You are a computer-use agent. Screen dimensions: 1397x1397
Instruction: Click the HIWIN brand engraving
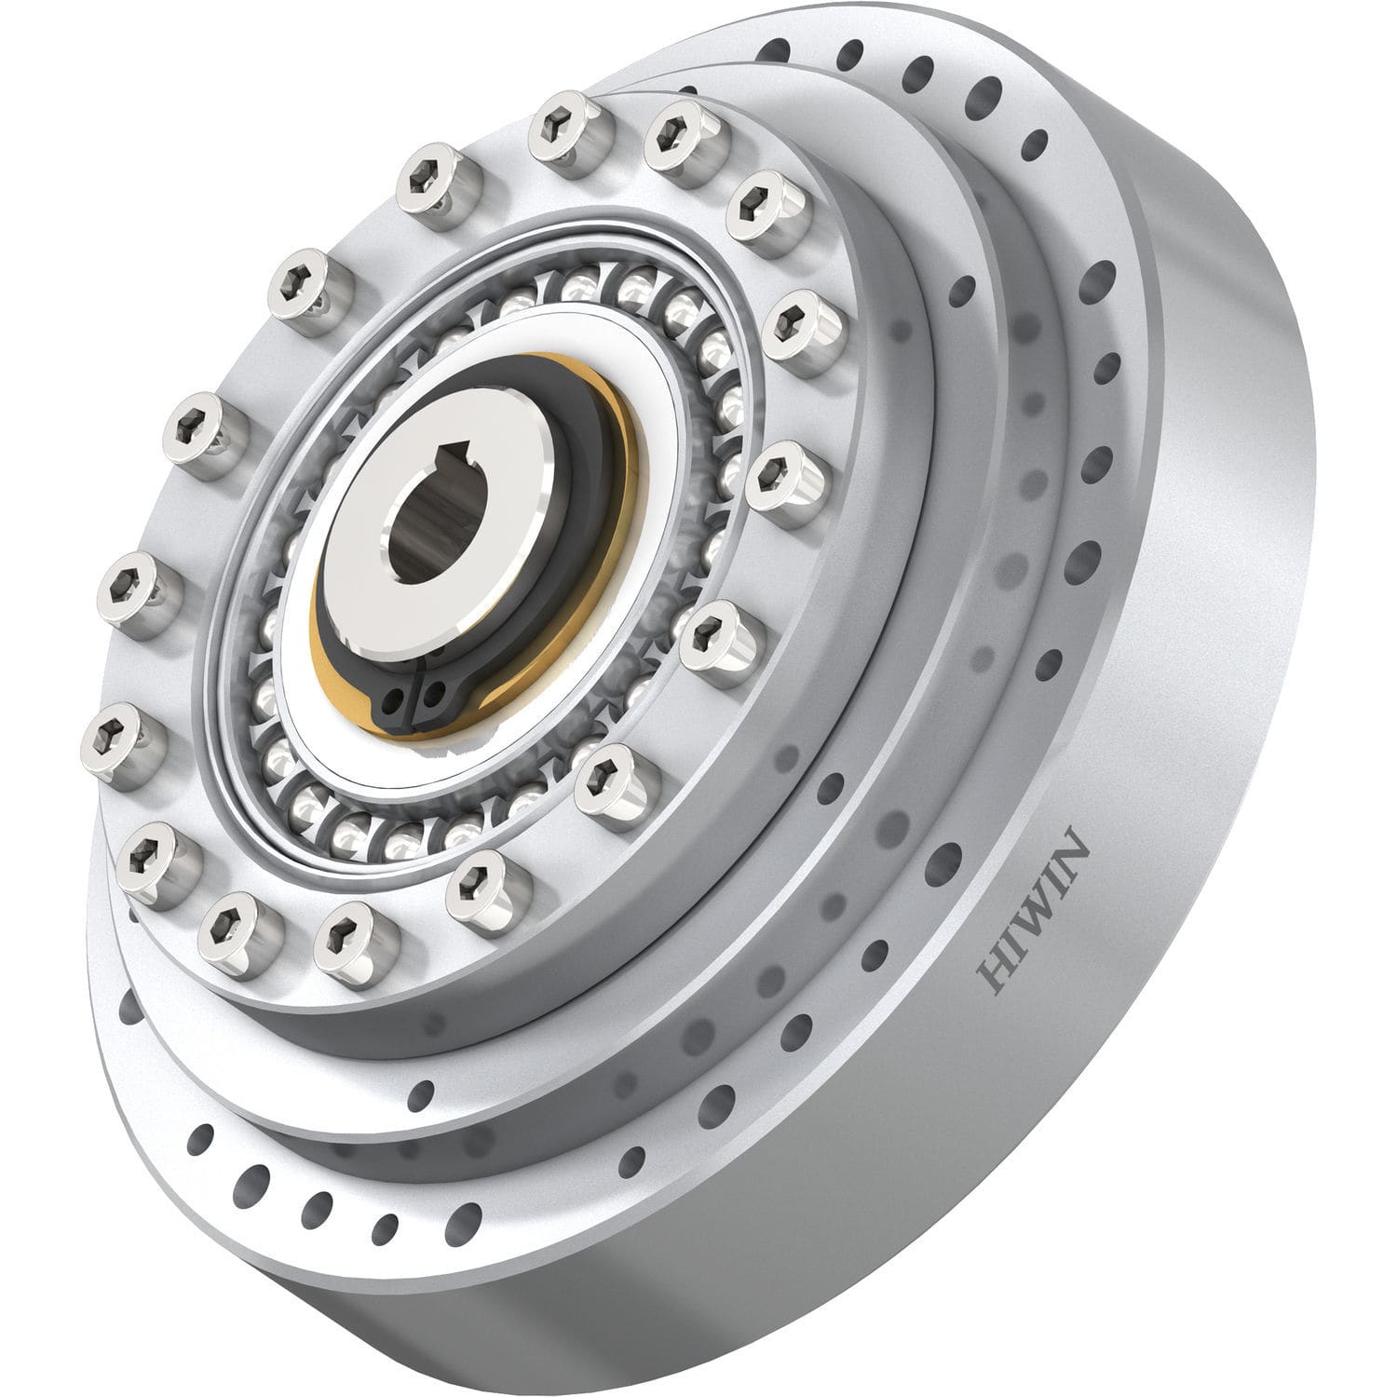[x=1035, y=908]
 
